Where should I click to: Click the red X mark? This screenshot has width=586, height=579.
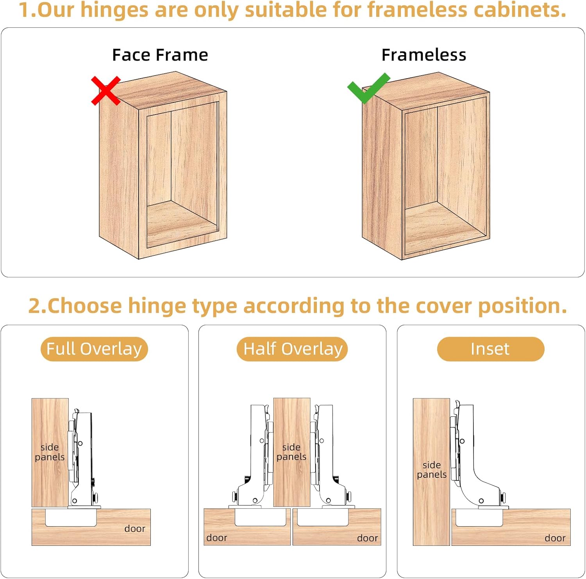click(105, 91)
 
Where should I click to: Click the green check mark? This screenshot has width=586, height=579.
click(368, 88)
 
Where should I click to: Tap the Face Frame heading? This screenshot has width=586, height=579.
click(160, 55)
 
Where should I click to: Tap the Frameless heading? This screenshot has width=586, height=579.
click(424, 55)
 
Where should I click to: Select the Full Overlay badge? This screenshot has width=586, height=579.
click(94, 349)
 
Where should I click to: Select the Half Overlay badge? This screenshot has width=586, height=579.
click(292, 349)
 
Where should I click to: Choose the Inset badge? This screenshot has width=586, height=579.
click(490, 349)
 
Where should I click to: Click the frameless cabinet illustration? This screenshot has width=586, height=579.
click(426, 166)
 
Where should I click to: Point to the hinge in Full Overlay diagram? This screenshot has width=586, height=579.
click(82, 461)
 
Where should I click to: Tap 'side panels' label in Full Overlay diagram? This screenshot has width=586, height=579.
click(50, 452)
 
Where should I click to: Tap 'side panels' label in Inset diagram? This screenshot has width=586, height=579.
click(432, 470)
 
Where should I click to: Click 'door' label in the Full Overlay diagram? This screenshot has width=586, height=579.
click(135, 529)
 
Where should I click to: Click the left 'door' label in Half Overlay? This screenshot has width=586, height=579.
click(217, 538)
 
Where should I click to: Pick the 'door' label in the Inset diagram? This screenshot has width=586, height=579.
click(555, 538)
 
